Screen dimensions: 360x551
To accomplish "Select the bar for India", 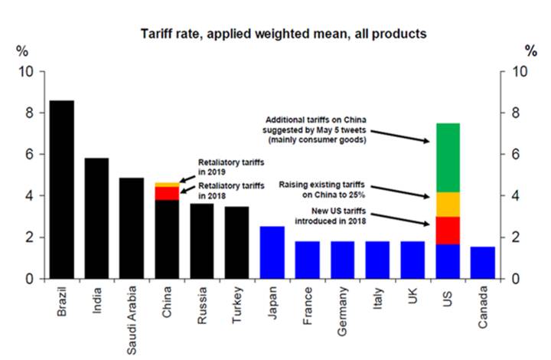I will pyautogui.click(x=96, y=218).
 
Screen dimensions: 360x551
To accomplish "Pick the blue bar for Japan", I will pyautogui.click(x=272, y=252).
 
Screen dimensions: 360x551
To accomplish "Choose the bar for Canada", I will pyautogui.click(x=482, y=263).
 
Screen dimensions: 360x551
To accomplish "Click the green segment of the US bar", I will pyautogui.click(x=448, y=157).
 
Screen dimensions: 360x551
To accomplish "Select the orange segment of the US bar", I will pyautogui.click(x=448, y=204).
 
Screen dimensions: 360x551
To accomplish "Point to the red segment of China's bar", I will pyautogui.click(x=167, y=193).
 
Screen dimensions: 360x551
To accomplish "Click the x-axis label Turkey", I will pyautogui.click(x=237, y=311).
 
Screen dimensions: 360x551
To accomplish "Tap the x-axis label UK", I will pyautogui.click(x=412, y=303).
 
